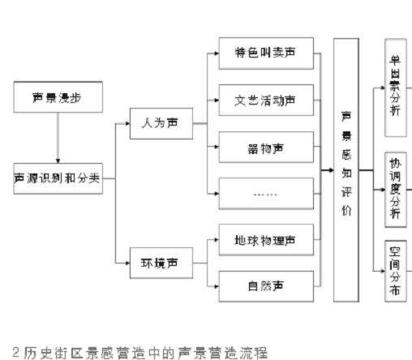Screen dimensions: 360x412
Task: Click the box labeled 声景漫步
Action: pyautogui.click(x=57, y=97)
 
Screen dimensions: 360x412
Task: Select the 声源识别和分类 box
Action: pyautogui.click(x=57, y=178)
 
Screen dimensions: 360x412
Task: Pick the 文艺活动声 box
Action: pyautogui.click(x=265, y=101)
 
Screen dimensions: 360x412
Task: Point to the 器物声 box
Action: pyautogui.click(x=265, y=148)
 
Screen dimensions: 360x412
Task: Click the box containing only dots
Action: pyautogui.click(x=265, y=195)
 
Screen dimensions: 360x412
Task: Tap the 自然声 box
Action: pyautogui.click(x=265, y=285)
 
